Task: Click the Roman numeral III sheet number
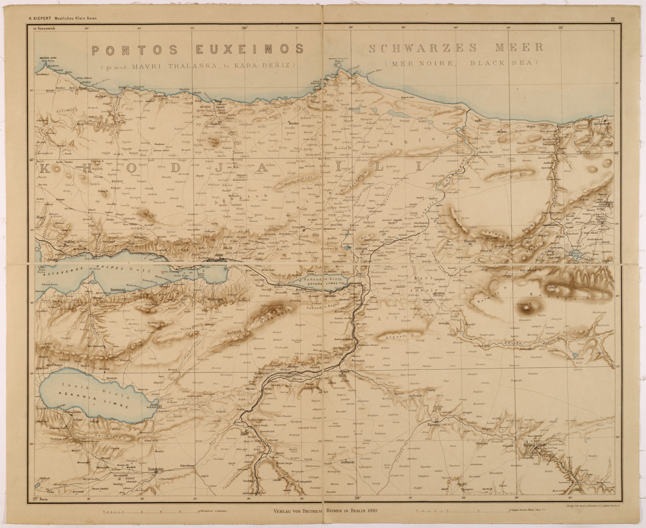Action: pyautogui.click(x=612, y=20)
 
